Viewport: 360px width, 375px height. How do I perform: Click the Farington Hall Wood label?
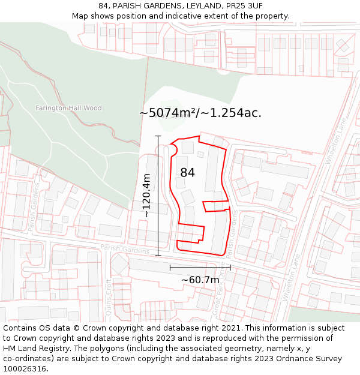coord(68,108)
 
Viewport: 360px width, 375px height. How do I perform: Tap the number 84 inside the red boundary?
coord(187,173)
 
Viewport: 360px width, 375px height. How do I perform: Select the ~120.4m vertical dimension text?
coord(146,195)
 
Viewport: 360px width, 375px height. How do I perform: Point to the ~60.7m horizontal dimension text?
coord(200,280)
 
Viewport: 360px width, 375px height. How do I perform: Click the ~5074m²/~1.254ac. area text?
coord(200,113)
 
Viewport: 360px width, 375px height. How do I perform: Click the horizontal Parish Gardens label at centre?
coord(125,249)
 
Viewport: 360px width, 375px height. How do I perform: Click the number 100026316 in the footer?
coord(25,368)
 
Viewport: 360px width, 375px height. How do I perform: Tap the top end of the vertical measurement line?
coord(158,136)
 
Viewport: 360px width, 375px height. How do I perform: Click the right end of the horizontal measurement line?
coord(230,268)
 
